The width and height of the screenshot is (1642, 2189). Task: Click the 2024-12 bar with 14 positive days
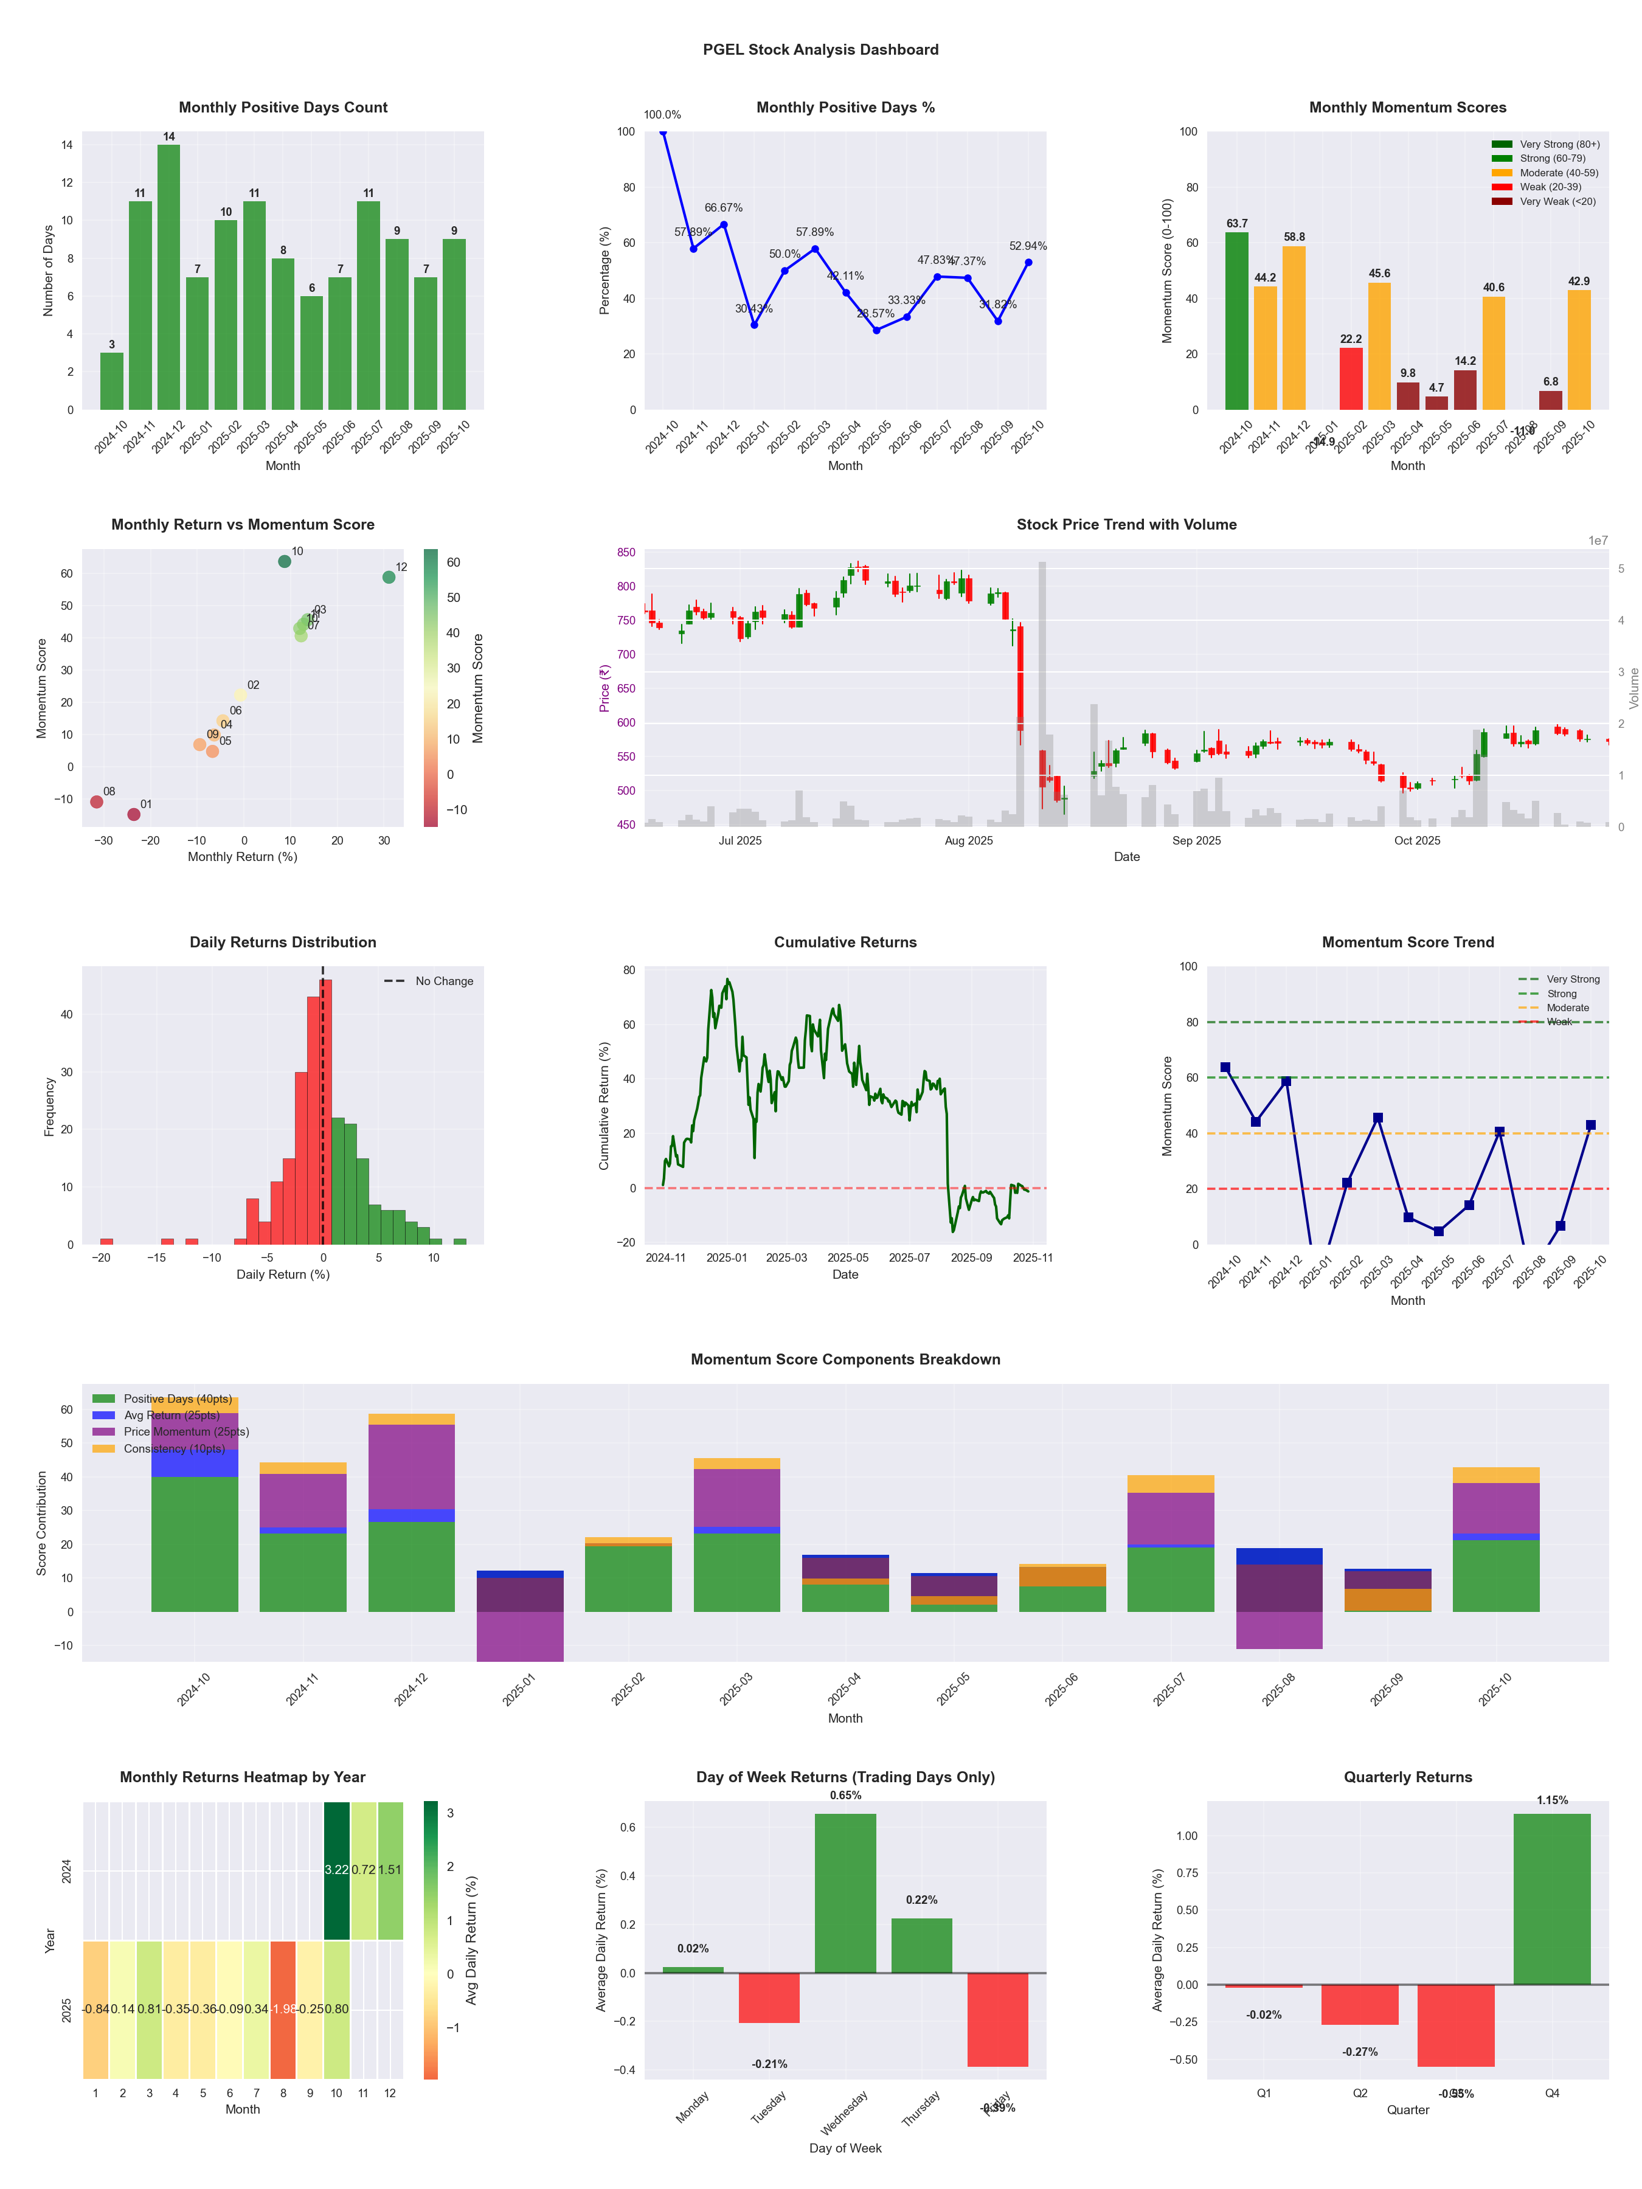pyautogui.click(x=168, y=277)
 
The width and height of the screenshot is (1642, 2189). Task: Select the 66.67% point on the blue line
pyautogui.click(x=724, y=224)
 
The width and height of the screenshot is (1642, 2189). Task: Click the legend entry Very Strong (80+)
pyautogui.click(x=1559, y=145)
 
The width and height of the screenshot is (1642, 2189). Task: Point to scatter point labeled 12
pyautogui.click(x=389, y=577)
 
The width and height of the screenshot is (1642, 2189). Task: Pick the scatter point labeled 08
pyautogui.click(x=97, y=801)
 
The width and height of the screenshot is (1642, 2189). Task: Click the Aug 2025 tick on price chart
pyautogui.click(x=968, y=841)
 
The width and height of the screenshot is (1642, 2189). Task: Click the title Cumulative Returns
pyautogui.click(x=845, y=942)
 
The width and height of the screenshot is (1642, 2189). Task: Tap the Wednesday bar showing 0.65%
pyautogui.click(x=845, y=1893)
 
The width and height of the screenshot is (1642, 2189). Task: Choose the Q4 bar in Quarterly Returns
pyautogui.click(x=1552, y=1899)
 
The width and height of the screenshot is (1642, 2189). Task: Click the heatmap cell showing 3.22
pyautogui.click(x=336, y=1869)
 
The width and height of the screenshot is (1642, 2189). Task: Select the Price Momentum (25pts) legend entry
pyautogui.click(x=185, y=1432)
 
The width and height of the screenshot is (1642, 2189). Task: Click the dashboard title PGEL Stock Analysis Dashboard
pyautogui.click(x=820, y=49)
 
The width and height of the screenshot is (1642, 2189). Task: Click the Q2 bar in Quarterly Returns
pyautogui.click(x=1360, y=2004)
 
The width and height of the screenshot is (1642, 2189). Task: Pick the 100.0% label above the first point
pyautogui.click(x=662, y=115)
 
